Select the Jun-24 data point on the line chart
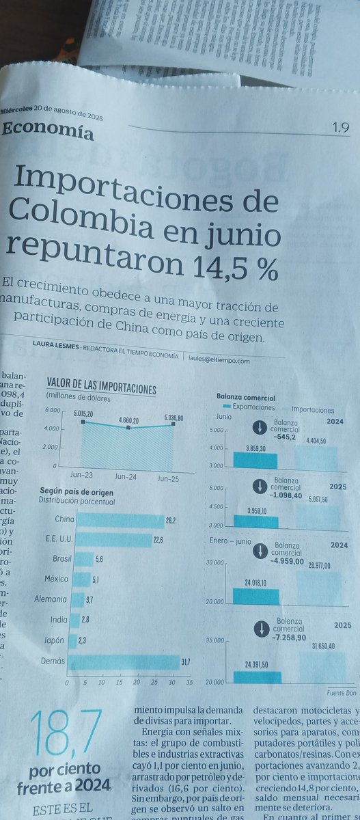click(x=128, y=428)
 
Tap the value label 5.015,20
click(x=85, y=413)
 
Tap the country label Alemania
click(x=51, y=599)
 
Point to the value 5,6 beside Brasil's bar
click(x=100, y=558)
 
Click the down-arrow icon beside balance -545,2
click(x=260, y=428)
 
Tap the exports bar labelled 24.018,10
click(x=255, y=597)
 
